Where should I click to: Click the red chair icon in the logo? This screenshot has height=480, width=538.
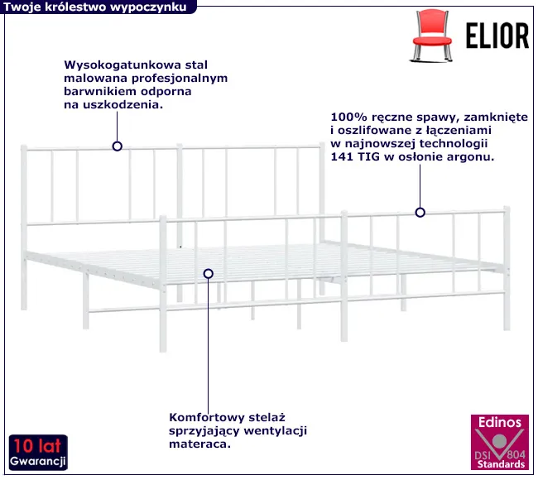click(x=431, y=36)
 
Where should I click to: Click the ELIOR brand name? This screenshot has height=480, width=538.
click(x=497, y=36)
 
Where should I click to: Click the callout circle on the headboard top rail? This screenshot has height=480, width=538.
click(x=118, y=146)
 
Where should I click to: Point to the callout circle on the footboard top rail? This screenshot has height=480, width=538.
click(x=420, y=213)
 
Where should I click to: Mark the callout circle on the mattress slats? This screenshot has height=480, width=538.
click(x=209, y=274)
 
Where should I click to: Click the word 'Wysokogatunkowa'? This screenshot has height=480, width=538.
click(x=122, y=65)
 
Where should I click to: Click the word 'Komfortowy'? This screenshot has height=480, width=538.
click(x=207, y=418)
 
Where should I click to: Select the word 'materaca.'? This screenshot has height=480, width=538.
click(x=199, y=444)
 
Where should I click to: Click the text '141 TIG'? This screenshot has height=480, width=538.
click(x=355, y=157)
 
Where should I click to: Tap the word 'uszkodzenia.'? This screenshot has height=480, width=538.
click(x=122, y=105)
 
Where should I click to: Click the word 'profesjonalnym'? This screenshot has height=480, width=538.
click(x=180, y=79)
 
